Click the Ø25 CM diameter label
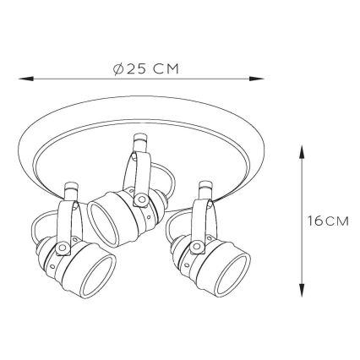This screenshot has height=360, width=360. click(x=146, y=68)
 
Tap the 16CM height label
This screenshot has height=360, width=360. click(x=328, y=221)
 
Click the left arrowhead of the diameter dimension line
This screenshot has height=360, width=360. click(x=26, y=79)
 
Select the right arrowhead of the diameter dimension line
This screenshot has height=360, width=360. click(x=257, y=79)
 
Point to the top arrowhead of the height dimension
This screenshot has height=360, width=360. click(x=302, y=153)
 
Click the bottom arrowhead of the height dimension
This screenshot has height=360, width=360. click(x=302, y=289)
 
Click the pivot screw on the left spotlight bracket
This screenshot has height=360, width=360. click(x=63, y=248)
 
